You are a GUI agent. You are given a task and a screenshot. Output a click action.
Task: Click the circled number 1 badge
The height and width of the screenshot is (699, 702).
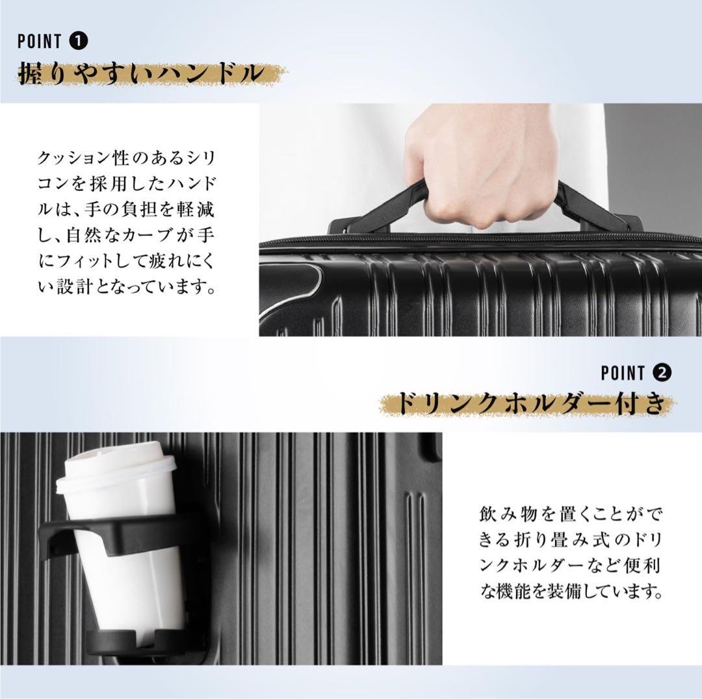(79, 42)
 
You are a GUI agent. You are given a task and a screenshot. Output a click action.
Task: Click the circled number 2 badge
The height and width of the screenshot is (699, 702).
(662, 373)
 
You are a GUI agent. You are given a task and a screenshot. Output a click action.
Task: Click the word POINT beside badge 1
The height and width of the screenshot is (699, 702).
(39, 42)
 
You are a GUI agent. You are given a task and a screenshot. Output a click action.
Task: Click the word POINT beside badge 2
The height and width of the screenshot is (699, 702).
(623, 373)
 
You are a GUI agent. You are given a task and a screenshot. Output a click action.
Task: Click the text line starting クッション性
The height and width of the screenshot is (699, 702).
(127, 159)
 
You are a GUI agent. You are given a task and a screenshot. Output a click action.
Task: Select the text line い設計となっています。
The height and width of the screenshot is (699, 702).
(127, 287)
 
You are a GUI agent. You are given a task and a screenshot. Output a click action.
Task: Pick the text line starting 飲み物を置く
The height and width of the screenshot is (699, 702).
(569, 517)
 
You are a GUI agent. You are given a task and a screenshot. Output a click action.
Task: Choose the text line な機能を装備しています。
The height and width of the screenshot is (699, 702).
(569, 592)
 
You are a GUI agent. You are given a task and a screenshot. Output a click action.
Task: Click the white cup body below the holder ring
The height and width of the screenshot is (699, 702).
(130, 588)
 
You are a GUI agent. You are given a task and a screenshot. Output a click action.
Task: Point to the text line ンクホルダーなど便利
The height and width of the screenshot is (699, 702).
(569, 567)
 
